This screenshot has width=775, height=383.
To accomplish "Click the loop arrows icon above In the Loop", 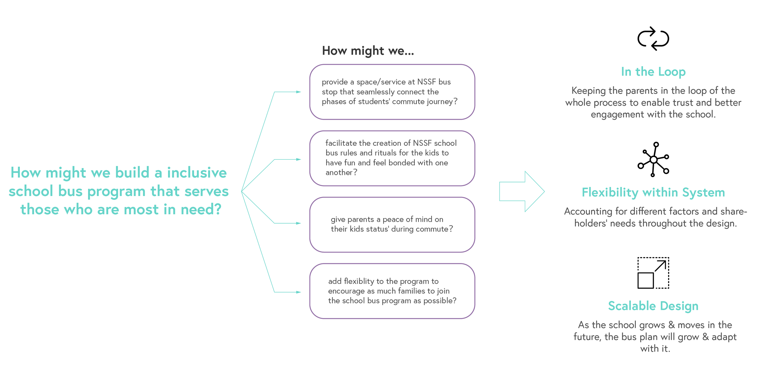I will point(653,39).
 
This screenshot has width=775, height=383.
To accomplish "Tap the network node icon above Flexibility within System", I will point(653,159).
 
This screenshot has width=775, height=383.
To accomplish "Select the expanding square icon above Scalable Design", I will point(653,273).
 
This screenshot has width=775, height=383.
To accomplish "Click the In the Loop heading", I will point(653,72).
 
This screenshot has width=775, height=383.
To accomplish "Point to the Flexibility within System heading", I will point(653,192).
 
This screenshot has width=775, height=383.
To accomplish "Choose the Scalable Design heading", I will point(653,306).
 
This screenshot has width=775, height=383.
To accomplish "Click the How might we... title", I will point(368,51).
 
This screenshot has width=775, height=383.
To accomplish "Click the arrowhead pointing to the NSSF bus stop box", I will point(298,92).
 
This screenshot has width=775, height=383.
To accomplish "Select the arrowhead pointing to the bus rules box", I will point(298,159).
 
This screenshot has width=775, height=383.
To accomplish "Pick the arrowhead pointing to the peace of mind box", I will point(298,223).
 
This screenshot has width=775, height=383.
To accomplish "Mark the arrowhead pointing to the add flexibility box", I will point(298,292).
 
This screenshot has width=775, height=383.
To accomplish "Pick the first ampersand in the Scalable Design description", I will point(671,325).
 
